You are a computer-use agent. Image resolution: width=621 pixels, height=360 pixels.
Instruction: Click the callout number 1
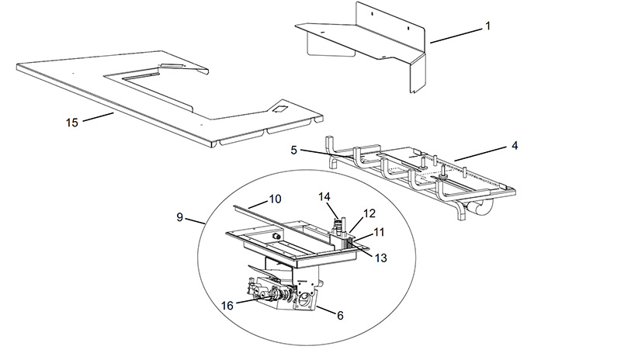(488, 26)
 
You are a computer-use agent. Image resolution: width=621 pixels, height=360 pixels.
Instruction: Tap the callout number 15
(72, 123)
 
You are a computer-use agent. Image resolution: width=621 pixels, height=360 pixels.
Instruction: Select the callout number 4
(515, 146)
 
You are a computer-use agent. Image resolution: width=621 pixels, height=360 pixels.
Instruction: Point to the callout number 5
(293, 151)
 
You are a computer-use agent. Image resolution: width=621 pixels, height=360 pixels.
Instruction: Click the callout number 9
(180, 217)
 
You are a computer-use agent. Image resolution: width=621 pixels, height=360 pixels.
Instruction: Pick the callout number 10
(275, 199)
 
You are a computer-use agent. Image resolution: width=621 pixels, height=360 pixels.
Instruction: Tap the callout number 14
(324, 197)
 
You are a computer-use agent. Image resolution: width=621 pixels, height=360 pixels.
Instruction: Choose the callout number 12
(369, 213)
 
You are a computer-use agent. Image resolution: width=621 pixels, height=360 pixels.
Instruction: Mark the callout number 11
(379, 232)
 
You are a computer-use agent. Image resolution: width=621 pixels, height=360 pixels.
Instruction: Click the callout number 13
(380, 258)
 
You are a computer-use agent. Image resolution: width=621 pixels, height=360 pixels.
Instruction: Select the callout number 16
(227, 306)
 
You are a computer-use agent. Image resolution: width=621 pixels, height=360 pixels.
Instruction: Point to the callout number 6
(340, 316)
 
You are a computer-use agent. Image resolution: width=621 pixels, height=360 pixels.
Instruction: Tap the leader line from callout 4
(480, 154)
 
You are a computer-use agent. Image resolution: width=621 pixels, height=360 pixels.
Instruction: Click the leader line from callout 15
(99, 117)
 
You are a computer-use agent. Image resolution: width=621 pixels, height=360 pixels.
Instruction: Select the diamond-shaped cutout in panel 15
(279, 109)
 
